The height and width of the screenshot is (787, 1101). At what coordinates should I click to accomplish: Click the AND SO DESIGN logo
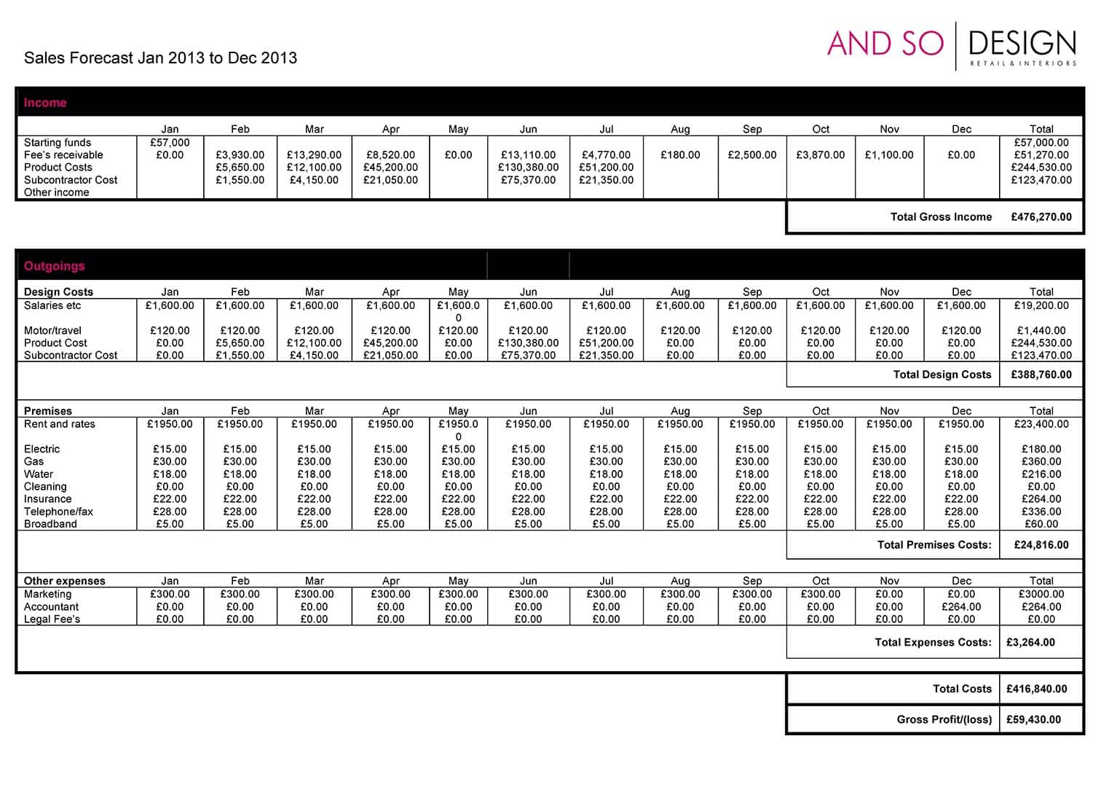(951, 46)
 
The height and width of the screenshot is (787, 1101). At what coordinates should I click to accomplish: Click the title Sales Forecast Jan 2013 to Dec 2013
(160, 58)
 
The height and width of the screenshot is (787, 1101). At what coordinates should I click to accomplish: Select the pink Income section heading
(45, 103)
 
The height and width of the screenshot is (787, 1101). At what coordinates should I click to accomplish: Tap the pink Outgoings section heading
(55, 266)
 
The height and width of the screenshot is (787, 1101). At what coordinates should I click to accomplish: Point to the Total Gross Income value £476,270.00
(1041, 217)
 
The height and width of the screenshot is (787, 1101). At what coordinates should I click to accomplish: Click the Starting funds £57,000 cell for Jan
(170, 143)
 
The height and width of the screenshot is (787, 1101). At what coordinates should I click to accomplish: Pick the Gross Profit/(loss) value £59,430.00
(1034, 720)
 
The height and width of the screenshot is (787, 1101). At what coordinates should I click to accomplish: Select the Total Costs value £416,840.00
(1037, 689)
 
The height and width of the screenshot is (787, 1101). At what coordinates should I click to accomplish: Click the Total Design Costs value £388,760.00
(1041, 375)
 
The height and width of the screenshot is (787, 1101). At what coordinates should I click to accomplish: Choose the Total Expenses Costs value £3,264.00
(1030, 643)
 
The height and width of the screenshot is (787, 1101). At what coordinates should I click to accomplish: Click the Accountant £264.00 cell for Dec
(961, 607)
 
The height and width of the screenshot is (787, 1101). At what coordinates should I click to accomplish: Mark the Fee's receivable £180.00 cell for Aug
(680, 155)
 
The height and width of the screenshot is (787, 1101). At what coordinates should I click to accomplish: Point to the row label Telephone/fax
(58, 512)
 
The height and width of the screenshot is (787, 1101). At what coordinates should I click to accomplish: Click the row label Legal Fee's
(52, 619)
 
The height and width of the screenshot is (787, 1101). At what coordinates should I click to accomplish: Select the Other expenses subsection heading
(64, 582)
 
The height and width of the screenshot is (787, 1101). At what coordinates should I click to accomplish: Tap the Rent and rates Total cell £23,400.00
(1041, 424)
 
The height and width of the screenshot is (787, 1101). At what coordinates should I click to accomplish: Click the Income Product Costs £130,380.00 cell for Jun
(528, 168)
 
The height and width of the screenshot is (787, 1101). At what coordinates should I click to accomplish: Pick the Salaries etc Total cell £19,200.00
(1041, 306)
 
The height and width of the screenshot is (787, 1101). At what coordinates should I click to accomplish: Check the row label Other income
(56, 192)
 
